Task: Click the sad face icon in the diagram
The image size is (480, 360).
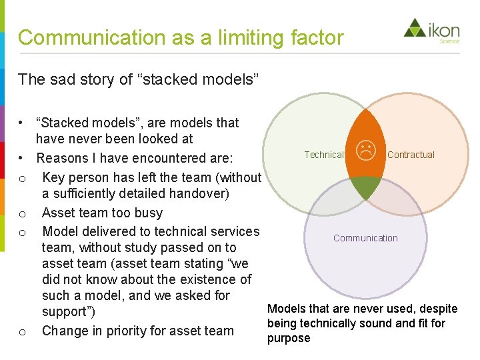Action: point(365,150)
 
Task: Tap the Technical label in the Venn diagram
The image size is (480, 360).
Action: point(324,155)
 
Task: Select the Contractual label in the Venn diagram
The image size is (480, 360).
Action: point(411,155)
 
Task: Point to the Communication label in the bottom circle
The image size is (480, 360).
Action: point(365,238)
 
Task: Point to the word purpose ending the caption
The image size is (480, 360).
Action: point(289,338)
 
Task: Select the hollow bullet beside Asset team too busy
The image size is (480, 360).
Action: point(22,214)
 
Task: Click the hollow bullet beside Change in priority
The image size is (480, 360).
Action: point(22,332)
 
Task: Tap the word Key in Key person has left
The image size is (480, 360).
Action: point(53,177)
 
